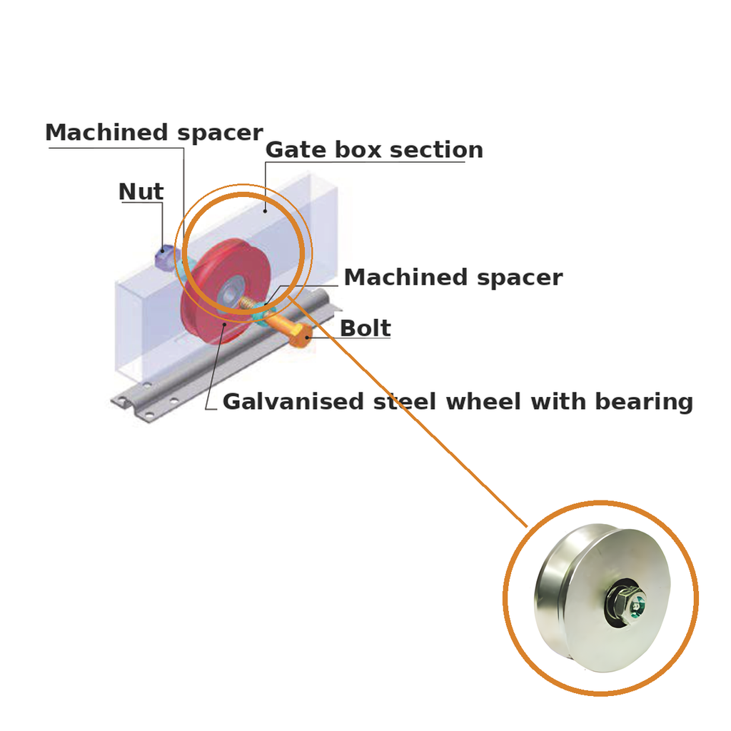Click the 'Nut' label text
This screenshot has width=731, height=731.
coord(141,191)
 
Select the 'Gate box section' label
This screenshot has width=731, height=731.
coord(374,150)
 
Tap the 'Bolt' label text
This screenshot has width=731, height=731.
coord(365,328)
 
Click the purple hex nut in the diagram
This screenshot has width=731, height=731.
coord(164,256)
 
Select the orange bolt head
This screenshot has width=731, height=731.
coord(301,336)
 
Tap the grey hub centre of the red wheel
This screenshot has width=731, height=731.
coord(229,293)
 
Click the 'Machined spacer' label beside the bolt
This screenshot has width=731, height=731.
coord(453,278)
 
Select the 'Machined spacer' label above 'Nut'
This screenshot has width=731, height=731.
coord(154,133)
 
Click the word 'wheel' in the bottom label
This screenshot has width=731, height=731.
coord(483,402)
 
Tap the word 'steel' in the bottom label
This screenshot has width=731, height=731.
coord(405,402)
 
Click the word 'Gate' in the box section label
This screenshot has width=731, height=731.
coord(296,150)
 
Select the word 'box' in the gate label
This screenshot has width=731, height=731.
coord(358,150)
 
